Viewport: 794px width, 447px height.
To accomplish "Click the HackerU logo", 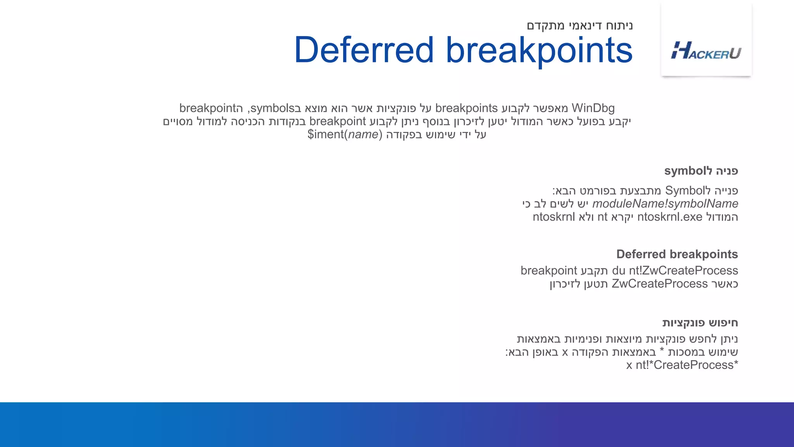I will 706,51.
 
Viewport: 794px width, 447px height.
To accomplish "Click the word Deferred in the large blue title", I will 364,50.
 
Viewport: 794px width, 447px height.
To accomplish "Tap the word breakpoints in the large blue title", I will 539,50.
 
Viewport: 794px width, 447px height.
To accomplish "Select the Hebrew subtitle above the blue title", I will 580,26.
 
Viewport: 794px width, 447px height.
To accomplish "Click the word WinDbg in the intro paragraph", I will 593,108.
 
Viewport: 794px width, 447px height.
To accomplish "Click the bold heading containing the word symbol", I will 701,171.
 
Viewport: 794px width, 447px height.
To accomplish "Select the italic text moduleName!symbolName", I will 665,204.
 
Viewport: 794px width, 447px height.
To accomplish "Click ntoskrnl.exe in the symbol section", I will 670,217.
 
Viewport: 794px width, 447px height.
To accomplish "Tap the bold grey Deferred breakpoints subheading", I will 677,254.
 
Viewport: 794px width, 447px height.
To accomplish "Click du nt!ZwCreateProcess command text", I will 675,270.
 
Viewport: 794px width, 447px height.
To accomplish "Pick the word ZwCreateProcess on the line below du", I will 659,284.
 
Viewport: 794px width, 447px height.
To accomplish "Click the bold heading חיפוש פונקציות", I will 700,322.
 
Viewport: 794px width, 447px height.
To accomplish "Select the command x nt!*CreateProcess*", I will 682,365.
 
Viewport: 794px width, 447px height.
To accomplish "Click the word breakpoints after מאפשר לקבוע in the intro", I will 466,108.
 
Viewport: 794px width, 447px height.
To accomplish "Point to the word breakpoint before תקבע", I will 549,270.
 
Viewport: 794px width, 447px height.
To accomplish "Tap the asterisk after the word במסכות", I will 662,351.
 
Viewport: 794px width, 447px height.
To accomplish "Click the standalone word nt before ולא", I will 602,217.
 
